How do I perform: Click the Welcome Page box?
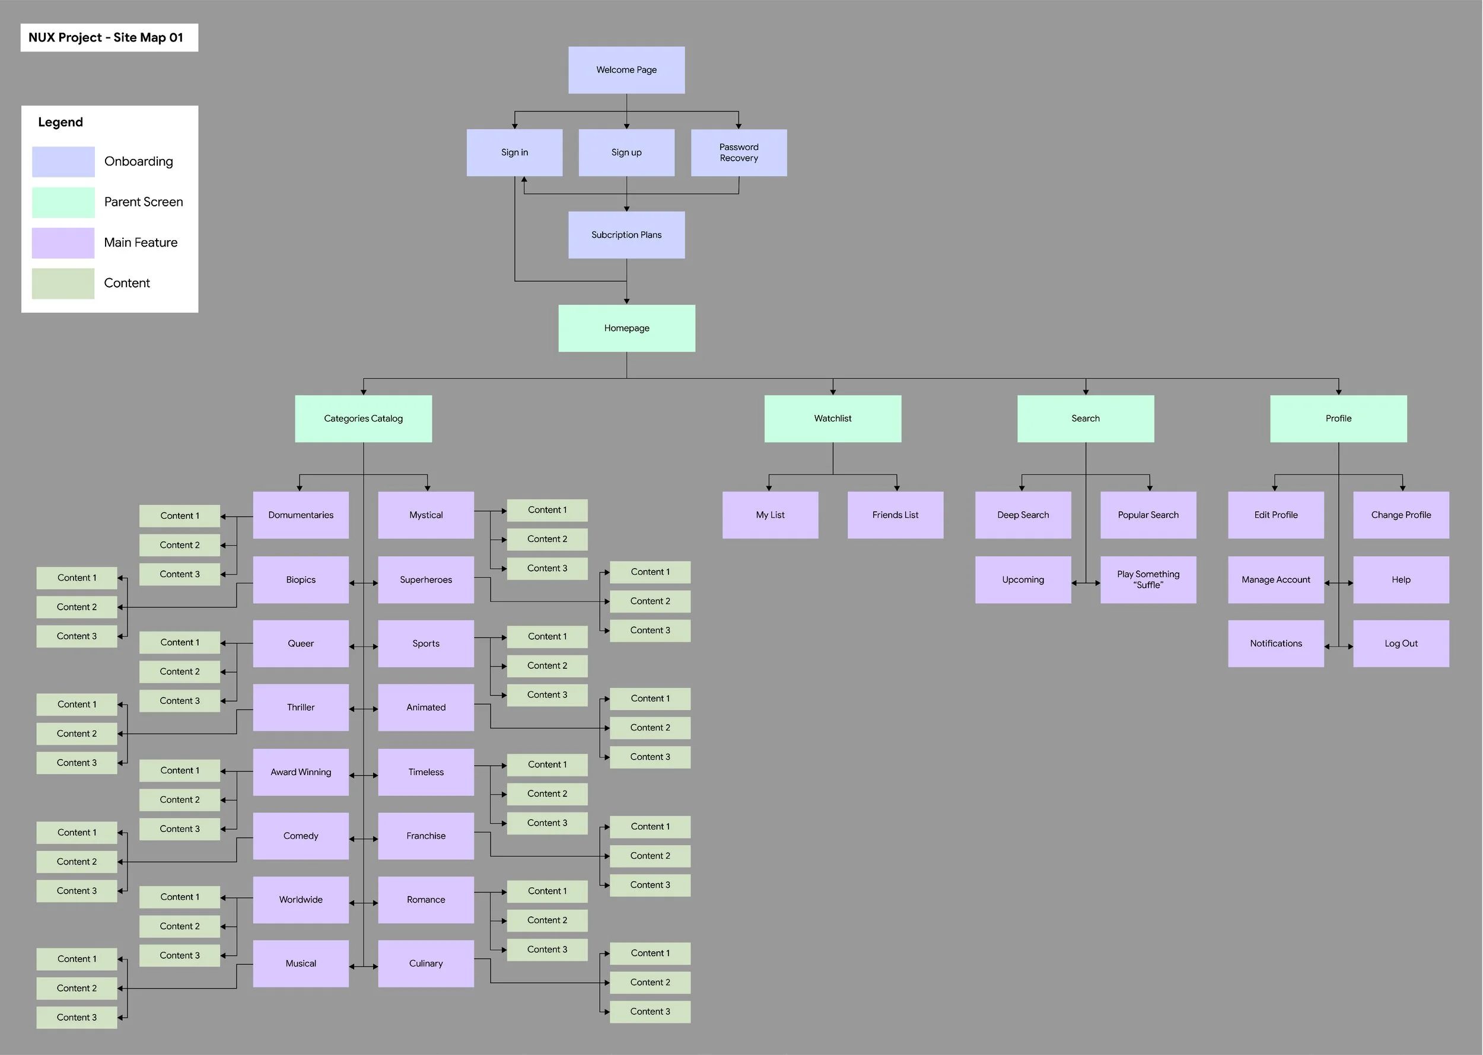coord(626,70)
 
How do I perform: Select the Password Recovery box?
coord(739,152)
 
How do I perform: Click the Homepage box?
coord(626,328)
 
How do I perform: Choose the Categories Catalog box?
coord(363,418)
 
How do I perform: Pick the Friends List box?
coord(895,515)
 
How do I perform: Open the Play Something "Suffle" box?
coord(1148,579)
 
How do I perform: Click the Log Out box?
coord(1401,643)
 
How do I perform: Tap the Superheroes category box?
coord(426,579)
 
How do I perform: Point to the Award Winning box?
coord(301,772)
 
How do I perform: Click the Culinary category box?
coord(426,964)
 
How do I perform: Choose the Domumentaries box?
coord(301,515)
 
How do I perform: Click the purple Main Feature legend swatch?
coord(63,243)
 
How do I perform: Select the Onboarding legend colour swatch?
coord(63,162)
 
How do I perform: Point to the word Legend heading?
coord(61,122)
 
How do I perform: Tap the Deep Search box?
coord(1023,515)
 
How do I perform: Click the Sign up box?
coord(626,152)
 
